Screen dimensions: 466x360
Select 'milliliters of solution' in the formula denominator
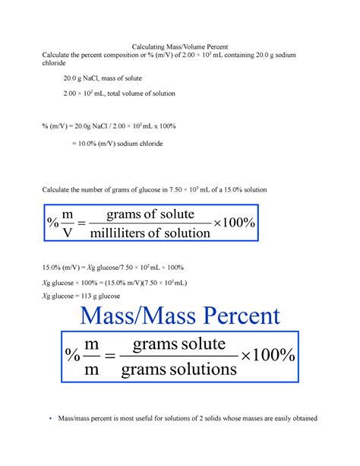pos(150,233)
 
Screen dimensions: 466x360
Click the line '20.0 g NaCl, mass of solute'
pos(103,79)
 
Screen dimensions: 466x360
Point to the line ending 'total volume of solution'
pos(119,94)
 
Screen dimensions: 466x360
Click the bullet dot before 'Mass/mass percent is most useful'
pos(49,419)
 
